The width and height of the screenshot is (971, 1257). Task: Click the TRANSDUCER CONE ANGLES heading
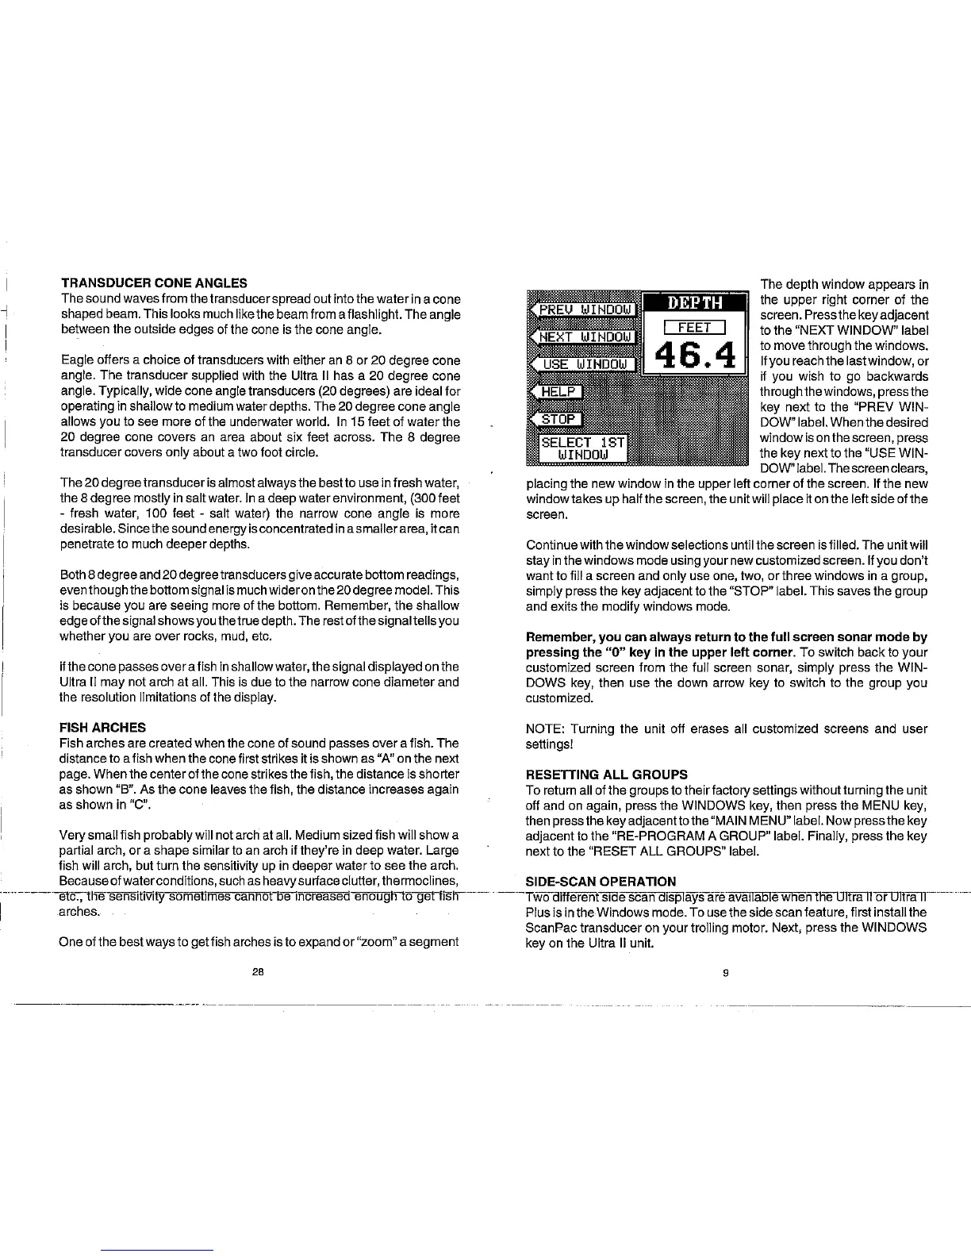click(x=154, y=283)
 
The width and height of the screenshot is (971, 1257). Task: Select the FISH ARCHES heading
click(x=103, y=727)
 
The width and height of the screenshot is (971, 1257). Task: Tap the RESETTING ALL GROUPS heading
click(x=607, y=774)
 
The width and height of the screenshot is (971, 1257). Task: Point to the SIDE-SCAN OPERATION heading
click(x=601, y=881)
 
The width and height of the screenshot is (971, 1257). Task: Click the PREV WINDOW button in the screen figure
click(x=584, y=308)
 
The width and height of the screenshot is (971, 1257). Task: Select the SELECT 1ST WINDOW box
click(x=583, y=448)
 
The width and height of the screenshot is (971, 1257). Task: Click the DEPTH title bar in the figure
click(x=694, y=302)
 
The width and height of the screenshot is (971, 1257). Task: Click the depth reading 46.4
click(x=696, y=357)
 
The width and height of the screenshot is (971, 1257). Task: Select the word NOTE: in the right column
click(x=545, y=728)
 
